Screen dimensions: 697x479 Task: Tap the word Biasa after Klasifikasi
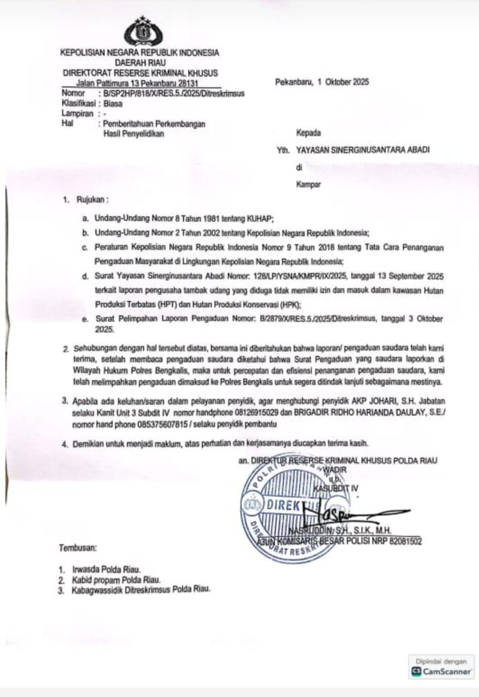[x=113, y=104]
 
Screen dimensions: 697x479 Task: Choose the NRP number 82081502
[x=401, y=542]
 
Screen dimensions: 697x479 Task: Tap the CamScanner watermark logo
[x=442, y=671]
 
